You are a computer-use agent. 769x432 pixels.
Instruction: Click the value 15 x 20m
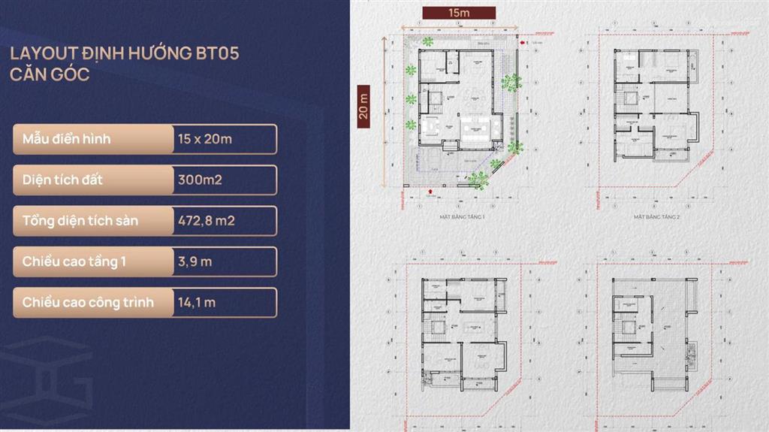coord(205,139)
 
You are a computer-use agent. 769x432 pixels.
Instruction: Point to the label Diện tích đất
coord(63,180)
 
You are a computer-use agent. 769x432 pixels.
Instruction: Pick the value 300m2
coord(199,180)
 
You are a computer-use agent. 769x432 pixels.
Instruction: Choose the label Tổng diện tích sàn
coord(80,221)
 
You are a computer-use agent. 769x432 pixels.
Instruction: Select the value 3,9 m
coord(195,261)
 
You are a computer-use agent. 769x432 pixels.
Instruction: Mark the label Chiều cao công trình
coord(88,302)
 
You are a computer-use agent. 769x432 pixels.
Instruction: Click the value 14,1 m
coord(198,302)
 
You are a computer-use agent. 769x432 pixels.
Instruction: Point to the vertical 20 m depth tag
coord(364,104)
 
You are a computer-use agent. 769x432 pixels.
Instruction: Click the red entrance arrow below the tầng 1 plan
coord(429,192)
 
